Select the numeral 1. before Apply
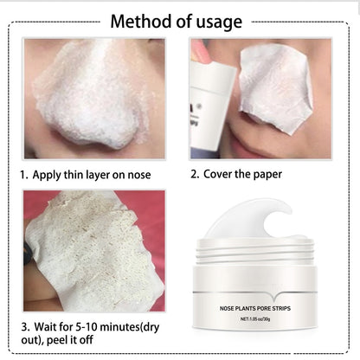tap(24, 175)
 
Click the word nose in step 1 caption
tap(138, 175)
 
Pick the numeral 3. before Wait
tap(23, 327)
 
